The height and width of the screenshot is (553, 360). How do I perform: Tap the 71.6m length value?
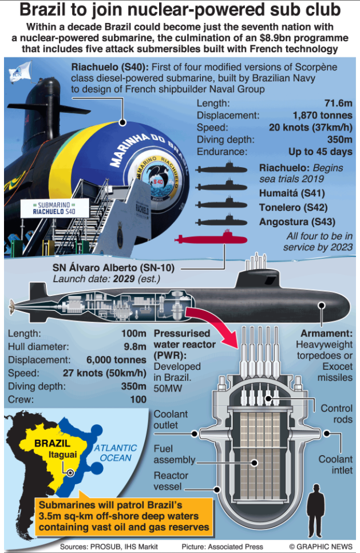pos(338,103)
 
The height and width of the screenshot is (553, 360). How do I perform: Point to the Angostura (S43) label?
pos(297,222)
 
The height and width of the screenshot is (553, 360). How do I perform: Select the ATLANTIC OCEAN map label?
pos(116,453)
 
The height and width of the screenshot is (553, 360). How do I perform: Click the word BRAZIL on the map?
pos(52,444)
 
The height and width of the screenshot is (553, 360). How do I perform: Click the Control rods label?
pos(337,414)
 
